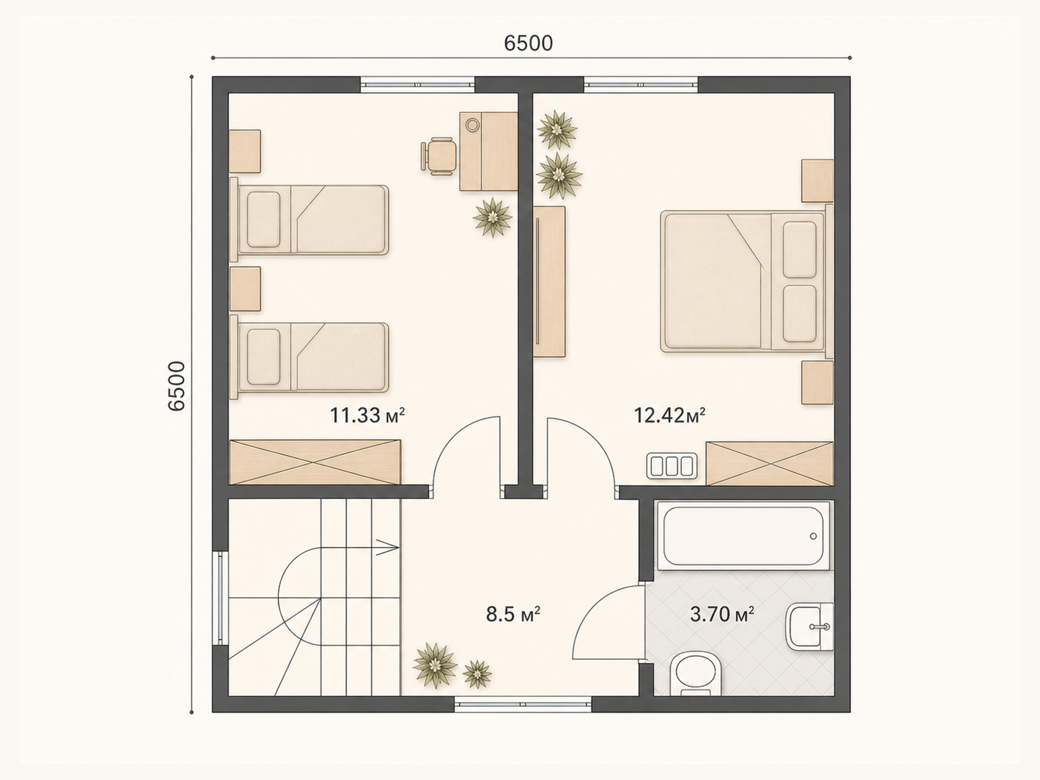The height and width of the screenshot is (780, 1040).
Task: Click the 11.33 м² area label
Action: pos(367,415)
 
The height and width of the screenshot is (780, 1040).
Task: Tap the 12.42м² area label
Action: pos(669,415)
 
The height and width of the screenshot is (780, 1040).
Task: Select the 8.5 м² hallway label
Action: pos(513,614)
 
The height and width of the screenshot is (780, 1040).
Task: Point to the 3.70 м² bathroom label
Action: pos(722,614)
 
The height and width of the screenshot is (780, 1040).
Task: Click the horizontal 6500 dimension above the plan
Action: pos(528,43)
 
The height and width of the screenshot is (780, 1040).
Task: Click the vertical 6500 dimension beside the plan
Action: pos(176,386)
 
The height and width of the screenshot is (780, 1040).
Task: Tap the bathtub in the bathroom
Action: pos(743,536)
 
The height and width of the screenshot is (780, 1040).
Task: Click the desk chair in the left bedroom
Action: pos(439,156)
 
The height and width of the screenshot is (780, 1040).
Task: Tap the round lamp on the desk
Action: pos(473,125)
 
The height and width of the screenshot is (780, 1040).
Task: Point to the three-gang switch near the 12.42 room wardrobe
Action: pos(672,466)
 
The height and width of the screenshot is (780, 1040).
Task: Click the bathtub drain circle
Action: pos(814,536)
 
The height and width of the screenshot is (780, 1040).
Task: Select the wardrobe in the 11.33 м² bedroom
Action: pos(315,462)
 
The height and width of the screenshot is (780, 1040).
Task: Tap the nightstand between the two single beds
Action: pos(245,289)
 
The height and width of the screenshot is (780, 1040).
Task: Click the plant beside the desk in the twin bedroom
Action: pos(493,217)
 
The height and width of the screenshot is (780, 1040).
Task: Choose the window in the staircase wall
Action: pos(220,598)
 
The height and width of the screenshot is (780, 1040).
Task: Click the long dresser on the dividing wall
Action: pos(549,281)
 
